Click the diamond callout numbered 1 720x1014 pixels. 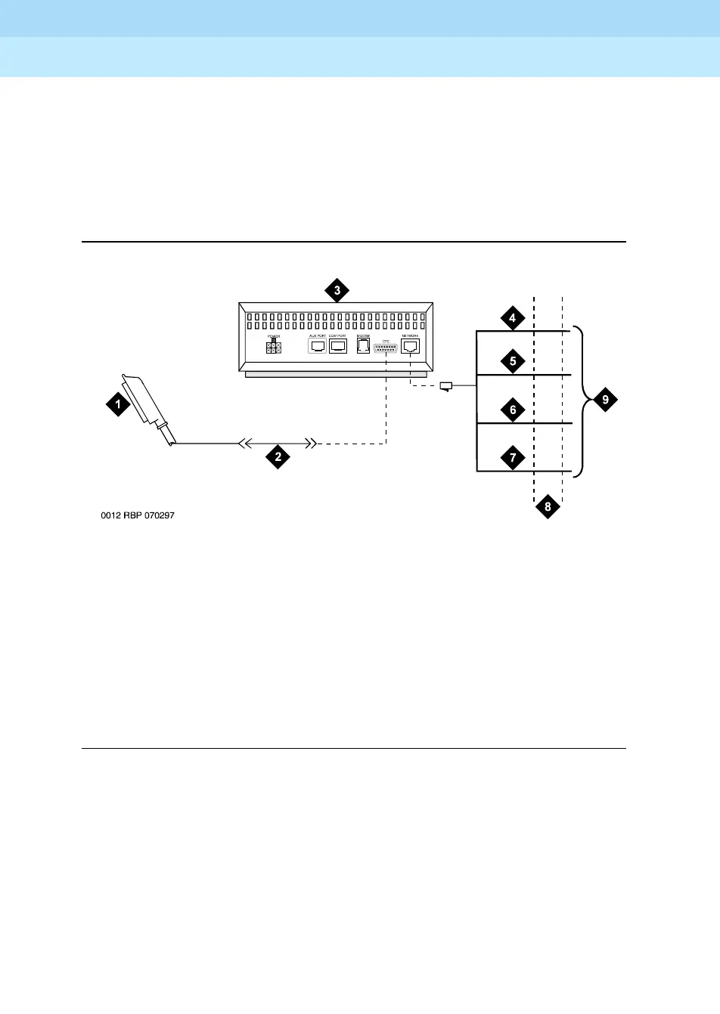tap(118, 405)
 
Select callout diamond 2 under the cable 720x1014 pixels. tap(278, 456)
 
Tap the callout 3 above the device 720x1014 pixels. tap(337, 290)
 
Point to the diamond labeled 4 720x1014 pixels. tap(513, 318)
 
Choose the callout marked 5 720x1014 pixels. tap(513, 361)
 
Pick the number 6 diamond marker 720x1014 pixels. tap(513, 410)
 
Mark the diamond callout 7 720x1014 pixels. tap(513, 458)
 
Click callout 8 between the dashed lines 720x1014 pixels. tap(548, 506)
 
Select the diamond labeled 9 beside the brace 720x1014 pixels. tap(605, 399)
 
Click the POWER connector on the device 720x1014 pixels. tap(274, 348)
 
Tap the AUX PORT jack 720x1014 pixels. tap(318, 347)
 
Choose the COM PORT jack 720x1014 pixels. tap(337, 347)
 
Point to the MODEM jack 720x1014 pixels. tap(362, 347)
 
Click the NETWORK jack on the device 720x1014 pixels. tap(411, 347)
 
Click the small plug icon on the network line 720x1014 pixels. tap(446, 388)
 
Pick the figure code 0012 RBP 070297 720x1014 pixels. tap(140, 516)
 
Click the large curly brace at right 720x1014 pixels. tap(582, 400)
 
